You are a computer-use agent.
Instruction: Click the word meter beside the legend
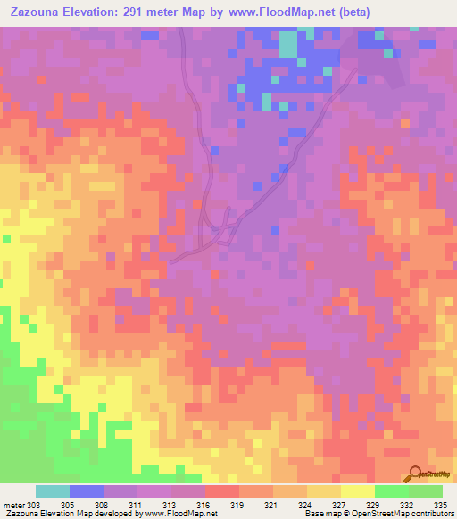point(13,506)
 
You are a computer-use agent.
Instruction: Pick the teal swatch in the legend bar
point(53,491)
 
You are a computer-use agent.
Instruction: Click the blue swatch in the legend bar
point(87,491)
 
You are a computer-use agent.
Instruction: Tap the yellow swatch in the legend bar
point(358,491)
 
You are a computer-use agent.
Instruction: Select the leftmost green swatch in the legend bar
point(392,491)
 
